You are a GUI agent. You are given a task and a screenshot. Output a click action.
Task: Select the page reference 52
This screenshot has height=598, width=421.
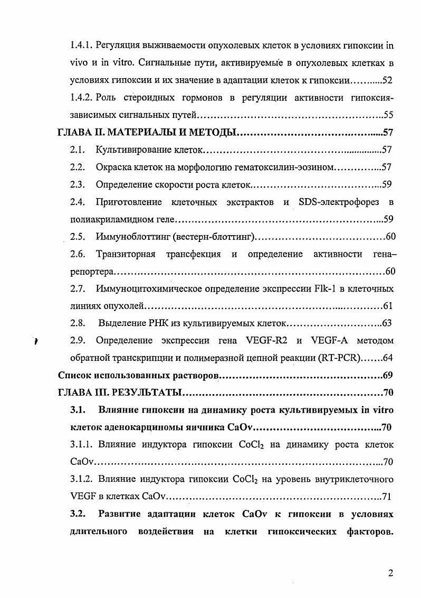(388, 80)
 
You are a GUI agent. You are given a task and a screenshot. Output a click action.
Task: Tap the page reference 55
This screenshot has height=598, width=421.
(388, 114)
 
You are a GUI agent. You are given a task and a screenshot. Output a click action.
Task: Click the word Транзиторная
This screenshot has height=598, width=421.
(126, 254)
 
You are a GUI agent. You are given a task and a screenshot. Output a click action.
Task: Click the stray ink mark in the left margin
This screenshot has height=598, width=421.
(35, 341)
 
